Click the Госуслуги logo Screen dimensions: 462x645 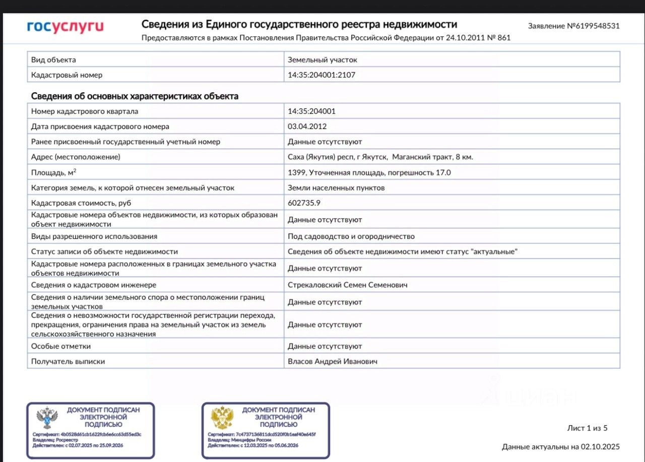tap(65, 27)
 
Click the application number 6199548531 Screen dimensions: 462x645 tap(573, 26)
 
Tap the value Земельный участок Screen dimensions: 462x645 tap(322, 60)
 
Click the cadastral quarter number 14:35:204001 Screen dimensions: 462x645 tap(311, 111)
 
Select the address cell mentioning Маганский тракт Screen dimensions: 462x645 tap(380, 157)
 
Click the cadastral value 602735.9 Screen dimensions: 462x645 tap(304, 203)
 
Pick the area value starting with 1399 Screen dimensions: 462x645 tap(369, 173)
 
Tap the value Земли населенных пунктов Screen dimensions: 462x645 tap(336, 188)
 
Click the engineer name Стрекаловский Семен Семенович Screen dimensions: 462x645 tap(347, 285)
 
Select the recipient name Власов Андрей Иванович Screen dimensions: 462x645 tap(333, 362)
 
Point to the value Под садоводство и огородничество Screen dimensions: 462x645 tap(351, 236)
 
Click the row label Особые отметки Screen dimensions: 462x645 tap(61, 347)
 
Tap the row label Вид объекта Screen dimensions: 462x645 tap(53, 60)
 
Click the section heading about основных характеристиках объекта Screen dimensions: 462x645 tap(135, 96)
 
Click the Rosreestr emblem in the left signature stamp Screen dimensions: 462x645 tap(47, 418)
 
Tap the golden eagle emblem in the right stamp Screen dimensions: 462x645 tap(222, 418)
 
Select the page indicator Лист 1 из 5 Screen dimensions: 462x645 tap(587, 428)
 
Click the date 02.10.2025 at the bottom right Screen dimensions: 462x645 tap(600, 447)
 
